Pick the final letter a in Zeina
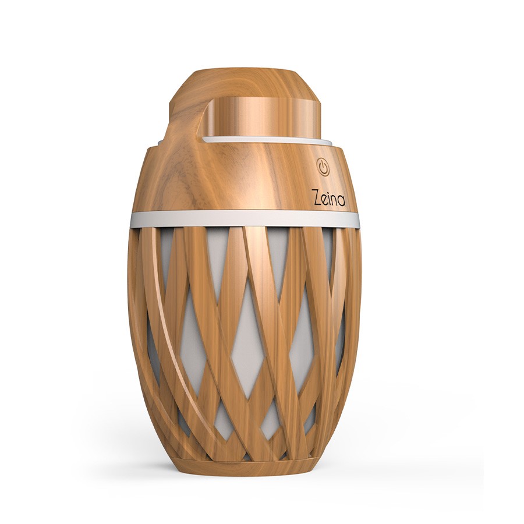click(x=342, y=200)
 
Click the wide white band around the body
click(x=245, y=219)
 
